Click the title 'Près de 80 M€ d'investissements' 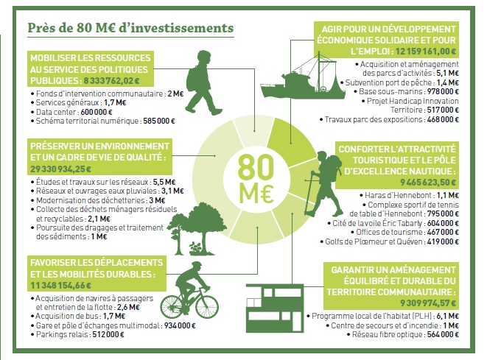(130, 28)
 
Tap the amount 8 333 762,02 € (111, 81)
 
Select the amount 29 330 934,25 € (61, 169)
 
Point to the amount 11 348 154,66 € (61, 285)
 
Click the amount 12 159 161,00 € (426, 51)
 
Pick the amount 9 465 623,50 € (428, 182)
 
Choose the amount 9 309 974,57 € (428, 303)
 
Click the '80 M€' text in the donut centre (256, 178)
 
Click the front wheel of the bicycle (206, 306)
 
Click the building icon (275, 308)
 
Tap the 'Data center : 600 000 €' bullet (71, 112)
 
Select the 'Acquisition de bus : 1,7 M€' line (78, 317)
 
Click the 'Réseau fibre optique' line (401, 334)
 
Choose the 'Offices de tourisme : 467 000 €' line (404, 232)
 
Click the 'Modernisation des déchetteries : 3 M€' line (98, 200)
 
